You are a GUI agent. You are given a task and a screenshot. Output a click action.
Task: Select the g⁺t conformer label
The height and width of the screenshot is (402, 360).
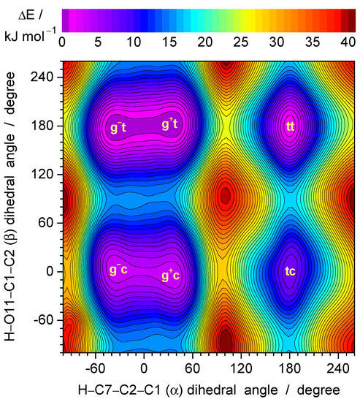click(169, 125)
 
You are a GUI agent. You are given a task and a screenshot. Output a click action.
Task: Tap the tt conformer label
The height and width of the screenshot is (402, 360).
click(291, 127)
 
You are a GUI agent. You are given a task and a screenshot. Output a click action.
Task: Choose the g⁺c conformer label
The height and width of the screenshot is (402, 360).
click(172, 276)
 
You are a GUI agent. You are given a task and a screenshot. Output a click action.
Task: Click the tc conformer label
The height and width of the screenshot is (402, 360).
click(291, 271)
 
